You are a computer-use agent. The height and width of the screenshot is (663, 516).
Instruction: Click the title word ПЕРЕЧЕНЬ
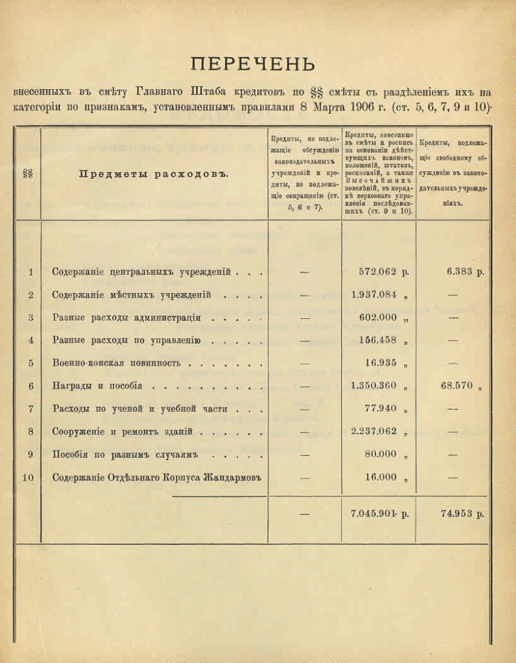[x=253, y=65]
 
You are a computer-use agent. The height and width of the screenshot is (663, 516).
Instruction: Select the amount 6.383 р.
[x=464, y=272]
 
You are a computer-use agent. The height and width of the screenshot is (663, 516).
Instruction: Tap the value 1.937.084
[x=374, y=295]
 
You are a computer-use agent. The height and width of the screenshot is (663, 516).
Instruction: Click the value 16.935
[x=381, y=363]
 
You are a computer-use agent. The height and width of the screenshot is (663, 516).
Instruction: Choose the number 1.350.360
[x=374, y=386]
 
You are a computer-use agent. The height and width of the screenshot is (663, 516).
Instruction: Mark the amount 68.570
[x=457, y=386]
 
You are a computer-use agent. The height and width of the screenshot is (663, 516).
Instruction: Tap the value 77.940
[x=381, y=409]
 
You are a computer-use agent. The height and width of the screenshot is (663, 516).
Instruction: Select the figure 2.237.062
[x=374, y=432]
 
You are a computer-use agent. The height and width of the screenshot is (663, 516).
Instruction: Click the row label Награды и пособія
[x=97, y=386]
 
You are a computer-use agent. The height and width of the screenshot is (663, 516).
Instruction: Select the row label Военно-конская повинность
[x=117, y=363]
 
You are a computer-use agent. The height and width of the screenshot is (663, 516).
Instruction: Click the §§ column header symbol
[x=28, y=174]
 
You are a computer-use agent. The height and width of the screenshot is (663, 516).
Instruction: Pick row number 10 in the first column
[x=28, y=478]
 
